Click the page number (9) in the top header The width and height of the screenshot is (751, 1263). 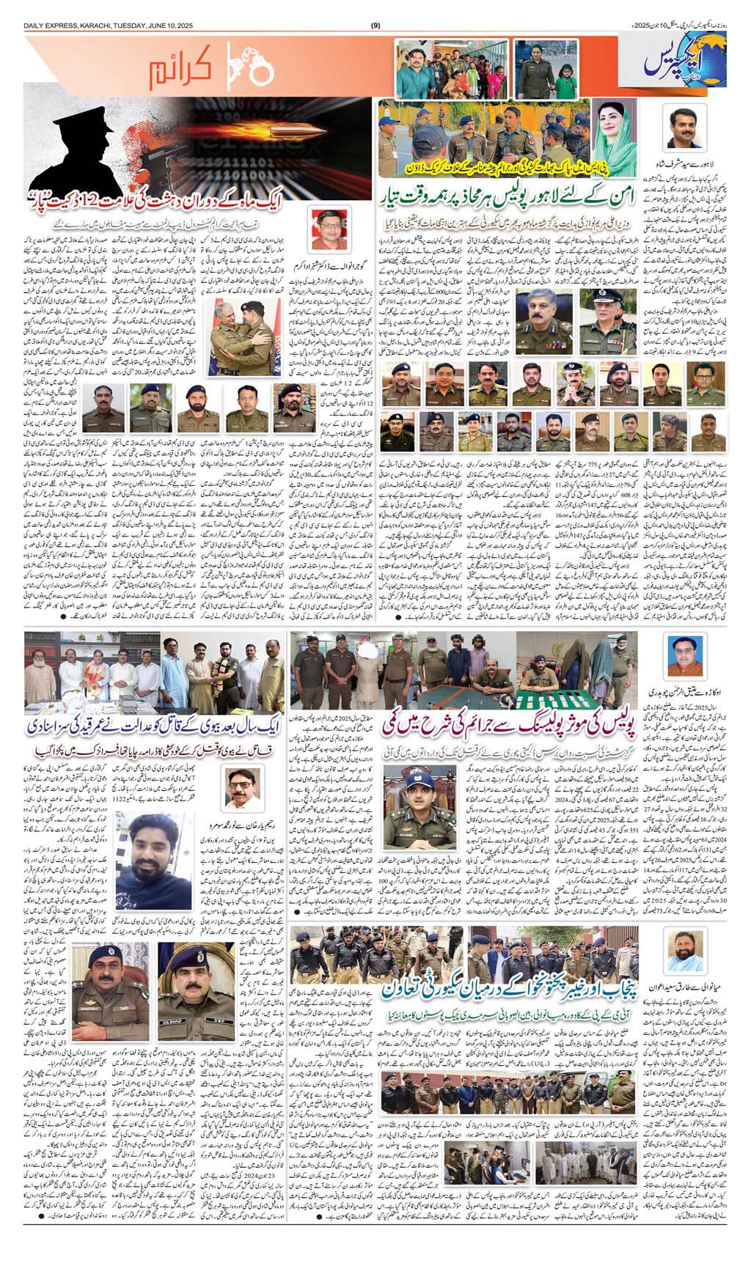coord(375,27)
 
